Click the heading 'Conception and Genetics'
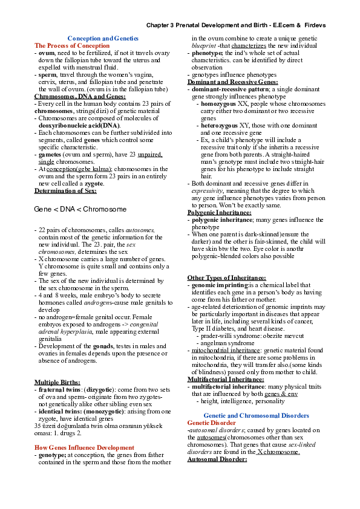(103, 38)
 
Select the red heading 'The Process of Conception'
(72, 45)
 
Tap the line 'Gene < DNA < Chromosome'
(80, 209)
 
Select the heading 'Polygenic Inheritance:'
(220, 213)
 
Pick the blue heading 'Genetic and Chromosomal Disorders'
(257, 416)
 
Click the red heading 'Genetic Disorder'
(212, 423)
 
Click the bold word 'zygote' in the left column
(94, 183)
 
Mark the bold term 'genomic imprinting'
(220, 284)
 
